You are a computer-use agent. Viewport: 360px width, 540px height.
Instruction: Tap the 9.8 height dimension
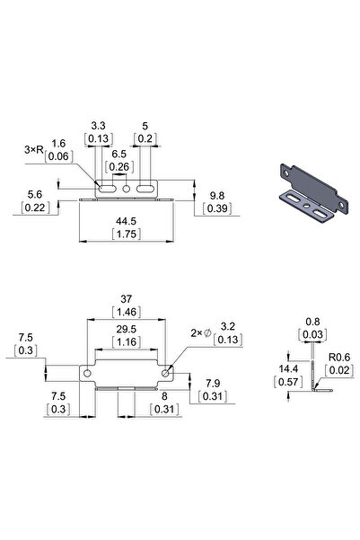216,195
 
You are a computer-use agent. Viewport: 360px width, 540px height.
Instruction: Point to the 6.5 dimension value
119,154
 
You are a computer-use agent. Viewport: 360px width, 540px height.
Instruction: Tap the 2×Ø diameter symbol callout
200,332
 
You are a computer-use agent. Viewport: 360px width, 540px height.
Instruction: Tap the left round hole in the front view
88,372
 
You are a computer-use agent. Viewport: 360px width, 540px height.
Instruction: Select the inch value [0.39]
216,208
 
